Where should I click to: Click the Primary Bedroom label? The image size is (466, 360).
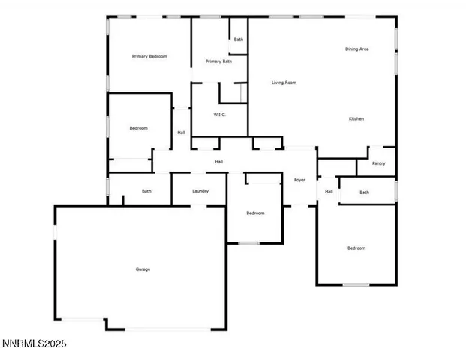[149, 56]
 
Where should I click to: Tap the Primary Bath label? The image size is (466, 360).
[218, 61]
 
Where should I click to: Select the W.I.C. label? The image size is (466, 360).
[219, 115]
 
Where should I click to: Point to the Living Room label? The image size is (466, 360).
[284, 82]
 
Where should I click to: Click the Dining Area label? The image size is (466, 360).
[356, 49]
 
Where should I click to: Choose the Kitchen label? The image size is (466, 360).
[356, 119]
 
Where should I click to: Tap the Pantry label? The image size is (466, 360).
[379, 163]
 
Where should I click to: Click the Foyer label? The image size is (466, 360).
[299, 180]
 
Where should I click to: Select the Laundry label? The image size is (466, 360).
[200, 191]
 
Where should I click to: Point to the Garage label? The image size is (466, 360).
[143, 269]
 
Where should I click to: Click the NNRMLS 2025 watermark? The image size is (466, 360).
[34, 343]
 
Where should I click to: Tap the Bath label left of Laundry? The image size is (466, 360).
[146, 191]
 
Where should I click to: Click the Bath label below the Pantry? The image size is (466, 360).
[364, 193]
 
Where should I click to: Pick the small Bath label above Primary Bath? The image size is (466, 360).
[238, 40]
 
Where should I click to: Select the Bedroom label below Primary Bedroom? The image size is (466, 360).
[138, 128]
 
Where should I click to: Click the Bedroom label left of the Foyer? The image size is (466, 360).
[255, 214]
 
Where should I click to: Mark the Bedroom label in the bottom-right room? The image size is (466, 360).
[356, 248]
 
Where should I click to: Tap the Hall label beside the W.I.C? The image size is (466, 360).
[181, 133]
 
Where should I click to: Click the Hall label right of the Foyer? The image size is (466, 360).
[329, 192]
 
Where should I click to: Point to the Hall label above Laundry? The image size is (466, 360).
[218, 162]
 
